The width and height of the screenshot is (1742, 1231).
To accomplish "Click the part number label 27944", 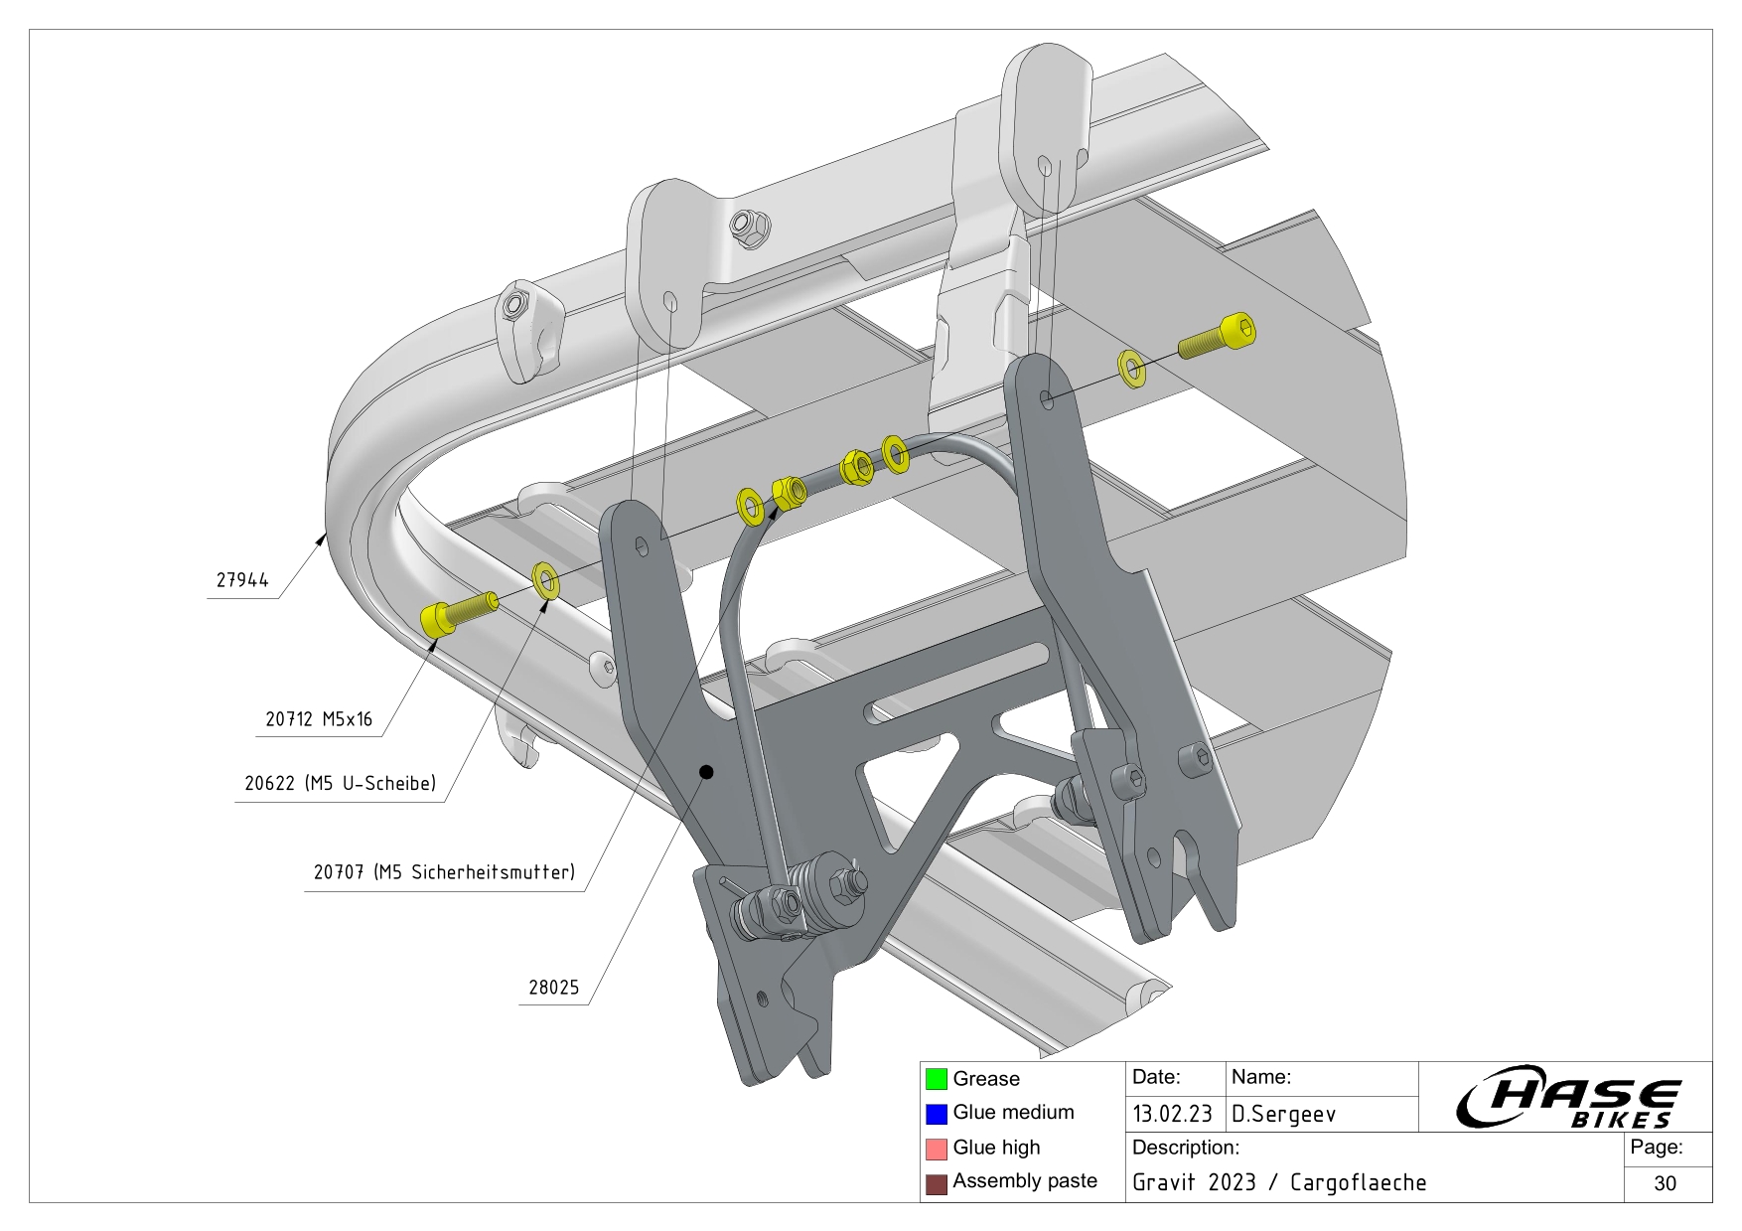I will [x=242, y=580].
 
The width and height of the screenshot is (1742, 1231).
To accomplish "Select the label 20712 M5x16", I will [x=319, y=719].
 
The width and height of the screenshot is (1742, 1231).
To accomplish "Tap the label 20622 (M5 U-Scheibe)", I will [x=340, y=784].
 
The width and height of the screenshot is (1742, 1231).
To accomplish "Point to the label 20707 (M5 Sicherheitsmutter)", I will [x=444, y=873].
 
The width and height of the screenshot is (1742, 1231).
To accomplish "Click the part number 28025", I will [x=553, y=988].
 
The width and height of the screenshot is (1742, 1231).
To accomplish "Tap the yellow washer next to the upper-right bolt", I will [x=1131, y=368].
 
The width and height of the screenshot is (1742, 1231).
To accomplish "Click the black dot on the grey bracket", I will [x=706, y=772].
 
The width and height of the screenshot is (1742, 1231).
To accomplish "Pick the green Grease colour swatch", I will [x=936, y=1079].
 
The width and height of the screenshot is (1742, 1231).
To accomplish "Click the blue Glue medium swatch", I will [x=936, y=1114].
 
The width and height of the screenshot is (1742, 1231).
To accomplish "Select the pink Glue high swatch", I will [x=936, y=1149].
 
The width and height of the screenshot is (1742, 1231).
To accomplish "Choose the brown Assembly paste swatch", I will [x=936, y=1183].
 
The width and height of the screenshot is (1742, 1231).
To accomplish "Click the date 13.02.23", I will [x=1172, y=1114].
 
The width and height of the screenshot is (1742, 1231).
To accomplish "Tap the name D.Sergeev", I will [x=1283, y=1114].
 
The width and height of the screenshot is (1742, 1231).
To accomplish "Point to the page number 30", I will [x=1666, y=1183].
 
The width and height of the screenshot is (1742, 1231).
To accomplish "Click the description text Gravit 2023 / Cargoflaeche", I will [x=1279, y=1183].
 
